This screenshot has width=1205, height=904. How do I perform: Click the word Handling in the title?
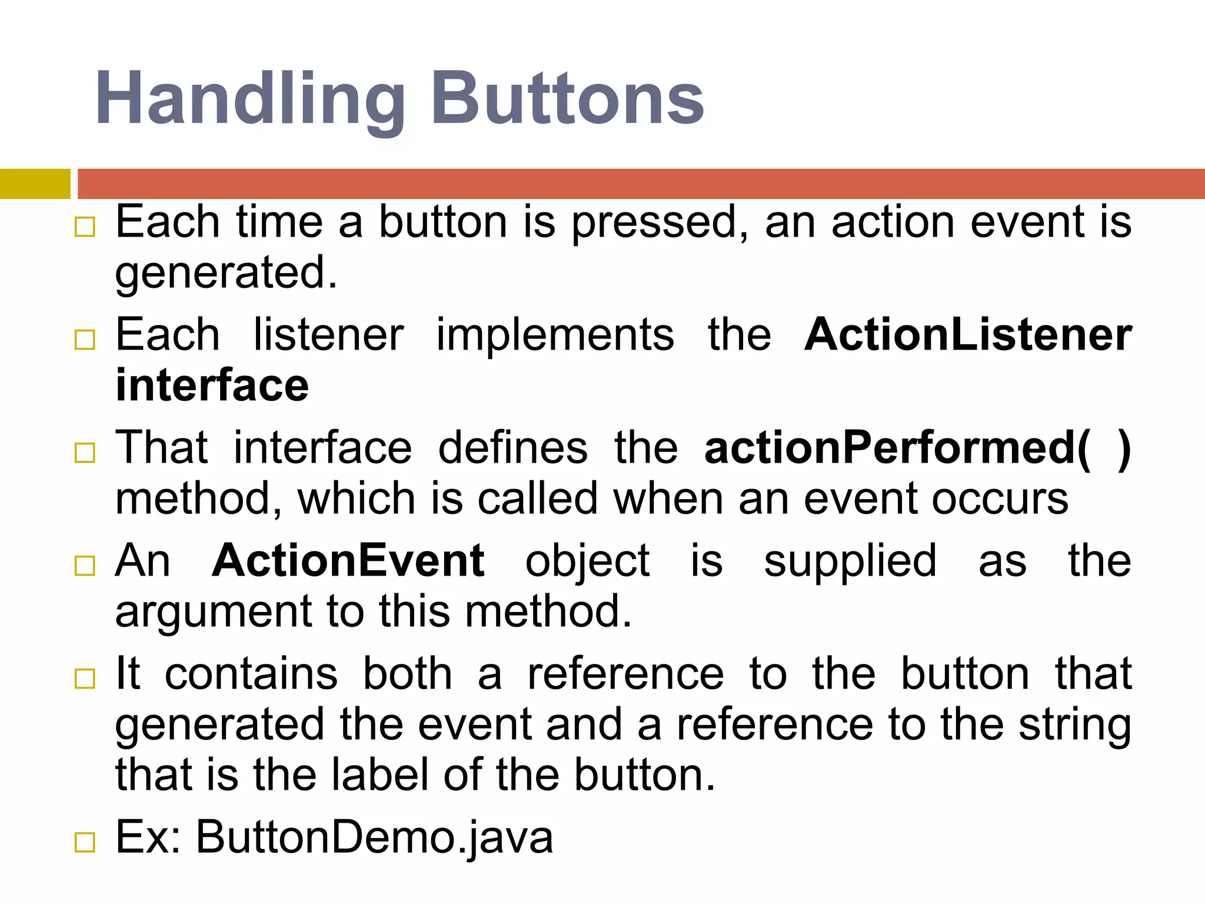click(x=249, y=99)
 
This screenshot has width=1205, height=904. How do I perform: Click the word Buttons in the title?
click(x=567, y=99)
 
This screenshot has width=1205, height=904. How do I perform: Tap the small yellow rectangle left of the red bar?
click(x=35, y=184)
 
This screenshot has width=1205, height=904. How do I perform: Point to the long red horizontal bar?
click(x=641, y=184)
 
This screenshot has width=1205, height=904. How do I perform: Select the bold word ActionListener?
click(x=967, y=334)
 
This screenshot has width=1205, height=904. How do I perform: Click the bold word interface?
click(x=212, y=385)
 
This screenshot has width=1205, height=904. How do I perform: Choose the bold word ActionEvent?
click(x=348, y=560)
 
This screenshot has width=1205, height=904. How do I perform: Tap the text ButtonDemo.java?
click(x=374, y=836)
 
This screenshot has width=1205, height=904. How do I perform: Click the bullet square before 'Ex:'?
click(x=85, y=843)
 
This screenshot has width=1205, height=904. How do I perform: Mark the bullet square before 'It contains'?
click(x=85, y=679)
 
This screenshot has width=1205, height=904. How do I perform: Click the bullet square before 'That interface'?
click(x=85, y=453)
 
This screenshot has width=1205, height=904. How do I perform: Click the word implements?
click(x=555, y=334)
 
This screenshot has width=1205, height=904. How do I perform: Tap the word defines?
click(x=512, y=448)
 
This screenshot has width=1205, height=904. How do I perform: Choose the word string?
click(x=1075, y=724)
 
